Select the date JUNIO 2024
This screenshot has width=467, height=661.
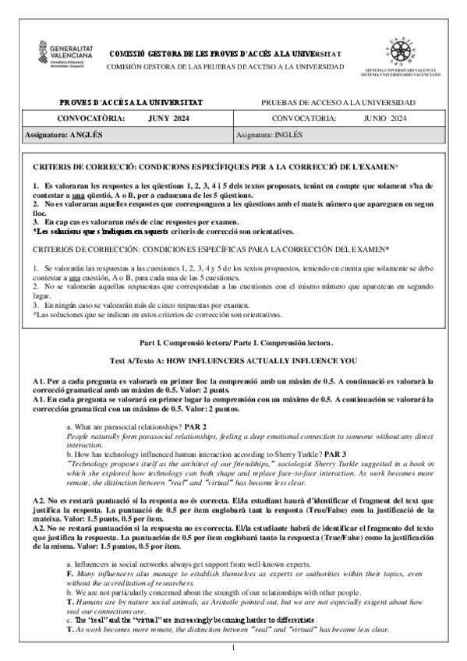(385, 118)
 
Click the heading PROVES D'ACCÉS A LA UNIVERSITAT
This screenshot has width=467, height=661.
(130, 103)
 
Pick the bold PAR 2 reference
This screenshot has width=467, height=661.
(196, 428)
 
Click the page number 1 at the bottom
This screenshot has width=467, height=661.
(233, 648)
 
